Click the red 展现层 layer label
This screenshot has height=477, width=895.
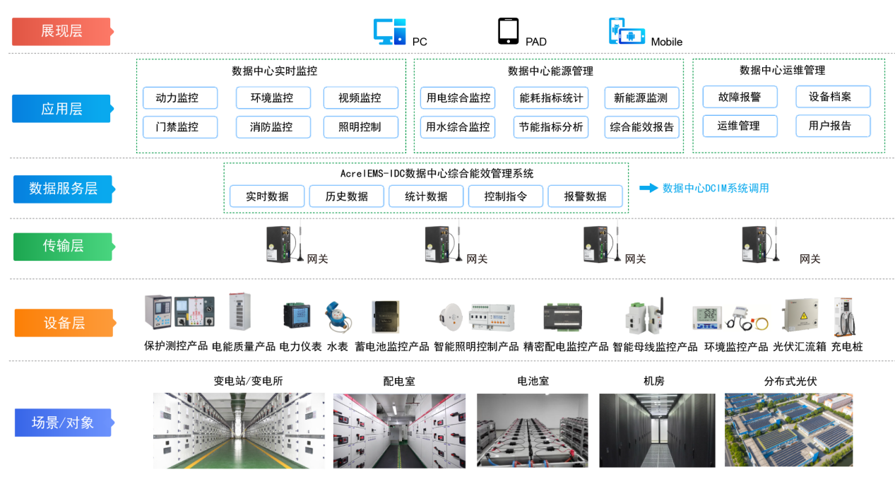pyautogui.click(x=61, y=31)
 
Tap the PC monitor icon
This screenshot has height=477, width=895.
pyautogui.click(x=389, y=32)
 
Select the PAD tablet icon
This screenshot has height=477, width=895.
pyautogui.click(x=508, y=32)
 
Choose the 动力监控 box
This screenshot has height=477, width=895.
pyautogui.click(x=180, y=98)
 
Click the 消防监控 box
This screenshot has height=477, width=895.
pyautogui.click(x=271, y=127)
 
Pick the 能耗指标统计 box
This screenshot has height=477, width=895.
pyautogui.click(x=551, y=98)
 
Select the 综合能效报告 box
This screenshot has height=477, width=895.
pyautogui.click(x=642, y=127)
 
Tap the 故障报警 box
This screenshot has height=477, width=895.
pyautogui.click(x=740, y=97)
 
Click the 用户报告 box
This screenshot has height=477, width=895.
pyautogui.click(x=833, y=126)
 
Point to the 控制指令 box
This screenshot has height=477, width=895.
pyautogui.click(x=505, y=196)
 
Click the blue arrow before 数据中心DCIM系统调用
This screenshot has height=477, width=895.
pyautogui.click(x=648, y=188)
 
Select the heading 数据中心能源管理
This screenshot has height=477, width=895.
pyautogui.click(x=550, y=71)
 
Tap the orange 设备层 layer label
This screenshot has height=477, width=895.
pyautogui.click(x=64, y=323)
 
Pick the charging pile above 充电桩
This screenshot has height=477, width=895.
pyautogui.click(x=846, y=317)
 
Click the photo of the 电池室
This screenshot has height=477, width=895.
pyautogui.click(x=532, y=430)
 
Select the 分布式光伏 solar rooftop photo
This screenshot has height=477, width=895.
pyautogui.click(x=788, y=430)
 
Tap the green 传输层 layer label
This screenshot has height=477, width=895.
pyautogui.click(x=63, y=246)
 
